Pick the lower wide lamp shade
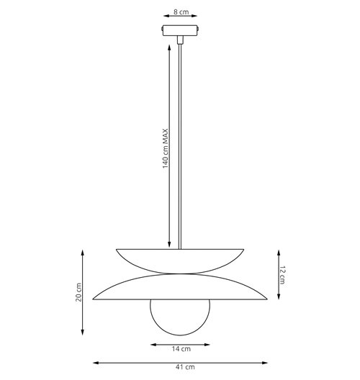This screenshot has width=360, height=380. pyautogui.click(x=180, y=288)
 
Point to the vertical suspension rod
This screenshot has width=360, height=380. pyautogui.click(x=180, y=144)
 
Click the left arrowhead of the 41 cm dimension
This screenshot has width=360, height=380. pyautogui.click(x=94, y=361)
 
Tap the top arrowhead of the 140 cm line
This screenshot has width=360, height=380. pyautogui.click(x=170, y=45)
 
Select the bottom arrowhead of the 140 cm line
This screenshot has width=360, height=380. pyautogui.click(x=170, y=245)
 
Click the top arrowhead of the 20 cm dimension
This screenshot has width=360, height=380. pyautogui.click(x=86, y=250)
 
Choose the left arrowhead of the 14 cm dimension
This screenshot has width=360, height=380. pyautogui.click(x=151, y=343)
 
